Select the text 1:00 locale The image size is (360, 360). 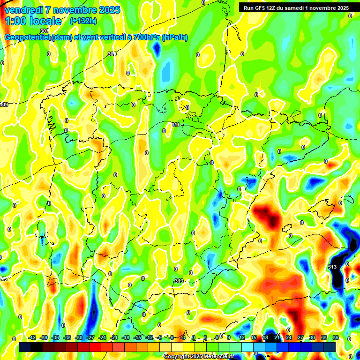pos(33,21)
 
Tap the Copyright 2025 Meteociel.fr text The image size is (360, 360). pos(199,356)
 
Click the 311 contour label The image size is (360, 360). pos(176,125)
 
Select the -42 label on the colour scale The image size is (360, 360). pos(32,337)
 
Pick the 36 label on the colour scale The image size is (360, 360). pos(336,337)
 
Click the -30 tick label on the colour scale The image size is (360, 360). pos(79,337)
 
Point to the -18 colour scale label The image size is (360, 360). pos(126,337)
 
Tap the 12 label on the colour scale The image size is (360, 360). pos(242,337)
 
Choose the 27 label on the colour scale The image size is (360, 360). pos(300,337)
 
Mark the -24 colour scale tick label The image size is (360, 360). pos(102,337)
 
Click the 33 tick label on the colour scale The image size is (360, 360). pos(324,337)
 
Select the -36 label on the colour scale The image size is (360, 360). pos(55,337)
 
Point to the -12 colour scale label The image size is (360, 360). pos(149,337)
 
